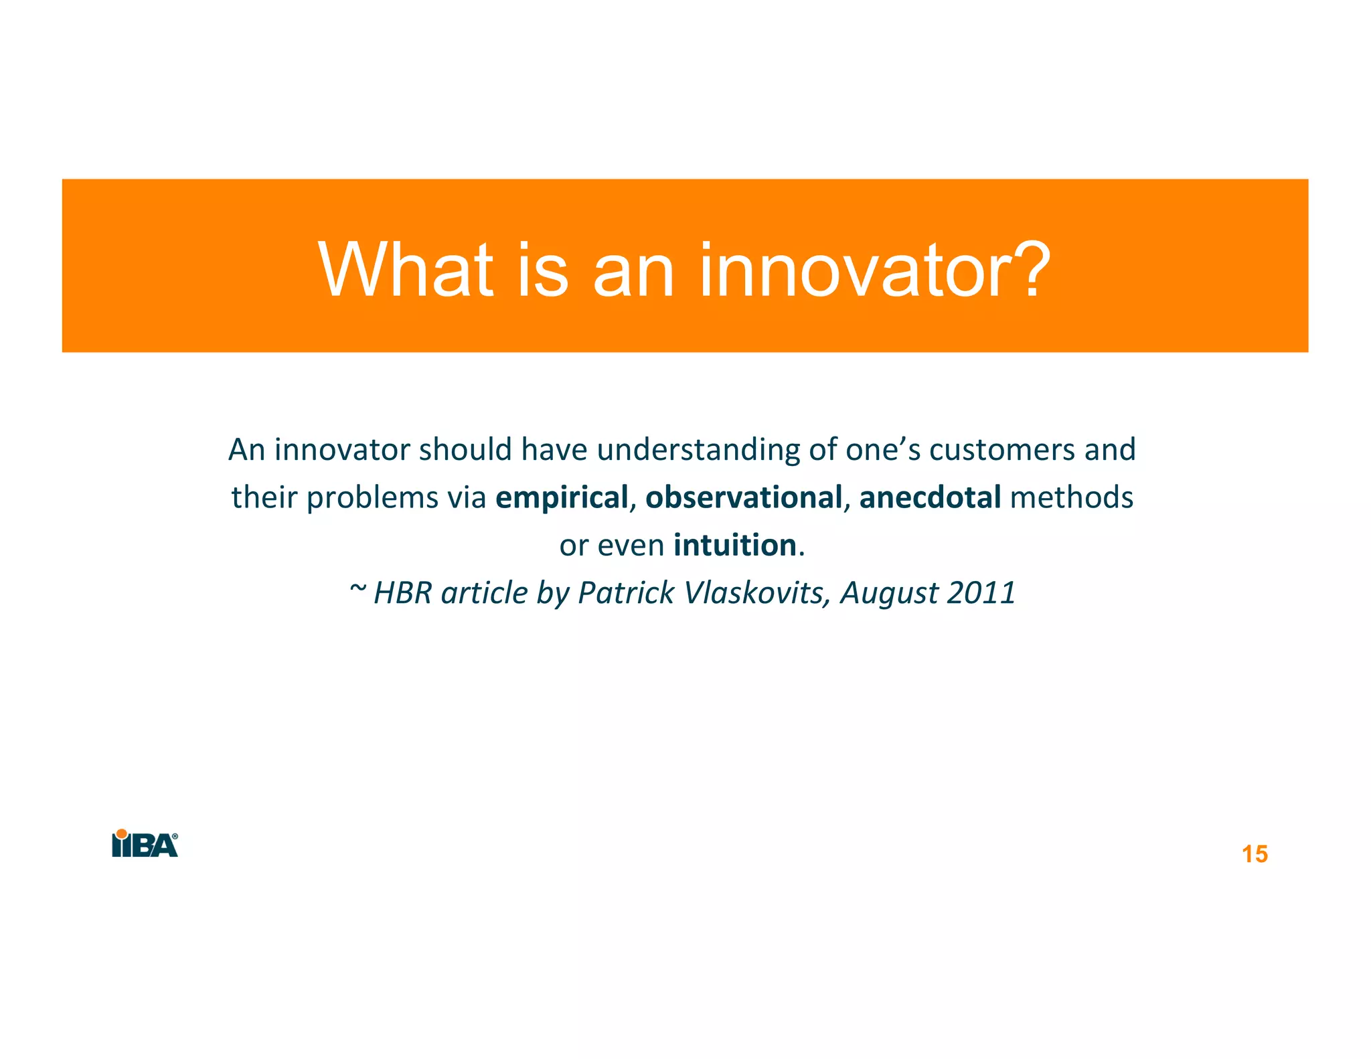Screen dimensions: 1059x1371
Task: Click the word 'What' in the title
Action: pos(406,270)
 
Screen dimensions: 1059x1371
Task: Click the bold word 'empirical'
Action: pos(561,497)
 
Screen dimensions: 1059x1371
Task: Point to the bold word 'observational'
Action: pos(743,497)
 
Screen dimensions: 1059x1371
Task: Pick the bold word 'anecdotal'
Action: pos(930,497)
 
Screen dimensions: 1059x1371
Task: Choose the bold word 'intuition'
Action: pos(734,545)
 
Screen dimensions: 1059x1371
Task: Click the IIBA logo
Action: pos(145,844)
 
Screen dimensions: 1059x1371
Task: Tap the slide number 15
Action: pos(1255,855)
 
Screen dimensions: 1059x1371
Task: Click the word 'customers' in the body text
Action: pos(1002,450)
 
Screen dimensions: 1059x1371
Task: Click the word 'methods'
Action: pos(1071,497)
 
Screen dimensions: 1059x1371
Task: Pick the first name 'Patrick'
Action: pos(626,593)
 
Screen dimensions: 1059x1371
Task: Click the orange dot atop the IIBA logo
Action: pos(122,834)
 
